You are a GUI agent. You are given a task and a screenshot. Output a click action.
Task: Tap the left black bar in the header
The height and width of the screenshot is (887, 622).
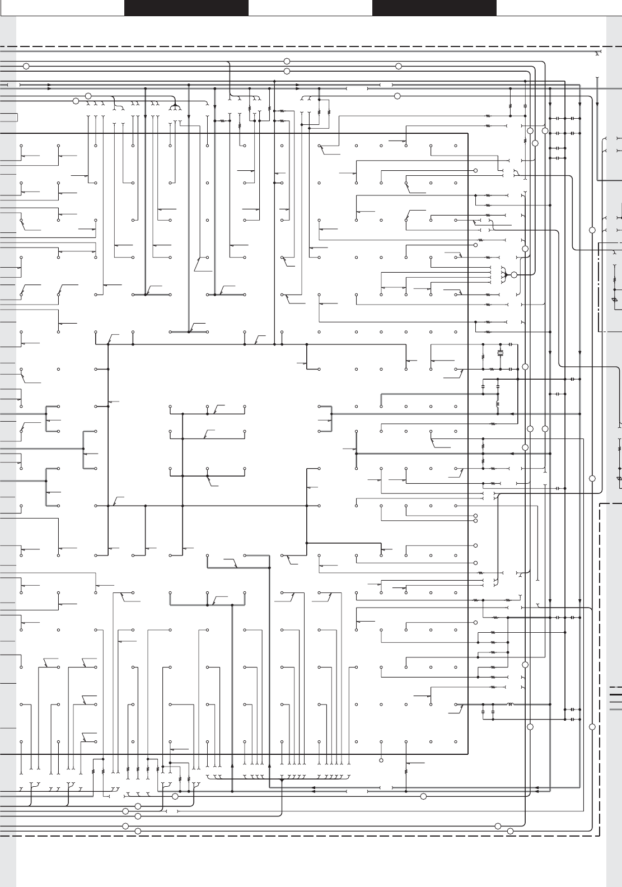(x=186, y=8)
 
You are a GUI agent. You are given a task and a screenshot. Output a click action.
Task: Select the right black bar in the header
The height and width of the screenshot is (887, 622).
(x=434, y=8)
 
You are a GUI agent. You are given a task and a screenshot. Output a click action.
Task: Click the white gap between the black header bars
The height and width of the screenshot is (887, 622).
(x=310, y=8)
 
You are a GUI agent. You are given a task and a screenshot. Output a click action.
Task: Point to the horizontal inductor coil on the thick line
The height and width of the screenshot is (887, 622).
(x=511, y=704)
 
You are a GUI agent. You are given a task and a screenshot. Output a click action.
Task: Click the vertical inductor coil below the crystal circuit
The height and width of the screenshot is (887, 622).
(x=498, y=404)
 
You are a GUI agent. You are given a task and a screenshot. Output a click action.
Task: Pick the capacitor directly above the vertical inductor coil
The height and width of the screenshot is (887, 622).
(x=498, y=387)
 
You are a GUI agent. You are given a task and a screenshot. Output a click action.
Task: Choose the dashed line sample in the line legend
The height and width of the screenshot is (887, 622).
(x=615, y=687)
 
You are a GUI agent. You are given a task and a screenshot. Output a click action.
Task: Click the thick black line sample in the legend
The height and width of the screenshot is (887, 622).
(x=615, y=694)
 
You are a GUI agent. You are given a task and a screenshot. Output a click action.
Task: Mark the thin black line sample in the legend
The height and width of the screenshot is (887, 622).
(x=615, y=702)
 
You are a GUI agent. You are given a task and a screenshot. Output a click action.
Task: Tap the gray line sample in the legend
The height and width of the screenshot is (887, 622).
(x=615, y=709)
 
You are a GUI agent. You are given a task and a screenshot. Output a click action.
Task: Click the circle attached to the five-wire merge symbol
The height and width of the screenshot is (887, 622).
(x=514, y=275)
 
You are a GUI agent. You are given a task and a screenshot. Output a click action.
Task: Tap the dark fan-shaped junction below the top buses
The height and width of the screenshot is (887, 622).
(x=175, y=106)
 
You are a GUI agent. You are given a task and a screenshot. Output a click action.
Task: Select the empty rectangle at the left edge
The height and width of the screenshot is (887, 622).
(x=8, y=117)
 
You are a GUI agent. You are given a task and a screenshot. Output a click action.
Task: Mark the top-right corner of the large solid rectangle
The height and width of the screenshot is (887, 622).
(x=467, y=133)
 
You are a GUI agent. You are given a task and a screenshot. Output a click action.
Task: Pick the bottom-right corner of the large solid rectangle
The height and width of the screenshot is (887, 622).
(x=467, y=754)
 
